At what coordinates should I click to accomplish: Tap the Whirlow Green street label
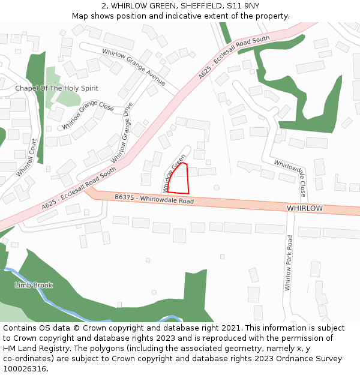pyautogui.click(x=174, y=173)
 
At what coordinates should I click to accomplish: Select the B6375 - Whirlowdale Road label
pyautogui.click(x=154, y=199)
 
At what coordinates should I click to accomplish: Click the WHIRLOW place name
pyautogui.click(x=305, y=208)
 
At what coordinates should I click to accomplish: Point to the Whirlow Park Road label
pyautogui.click(x=289, y=263)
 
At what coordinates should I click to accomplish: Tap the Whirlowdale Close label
pyautogui.click(x=290, y=178)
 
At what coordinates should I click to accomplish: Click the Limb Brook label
pyautogui.click(x=34, y=285)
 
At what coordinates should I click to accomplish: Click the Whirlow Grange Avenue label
pyautogui.click(x=133, y=66)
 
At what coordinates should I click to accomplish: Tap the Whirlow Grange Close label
pyautogui.click(x=88, y=115)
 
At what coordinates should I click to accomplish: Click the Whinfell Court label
pyautogui.click(x=27, y=157)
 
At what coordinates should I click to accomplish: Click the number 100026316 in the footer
pyautogui.click(x=25, y=369)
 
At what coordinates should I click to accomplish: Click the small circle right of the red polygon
pyautogui.click(x=217, y=187)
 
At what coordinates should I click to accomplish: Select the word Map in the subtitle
pyautogui.click(x=80, y=16)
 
